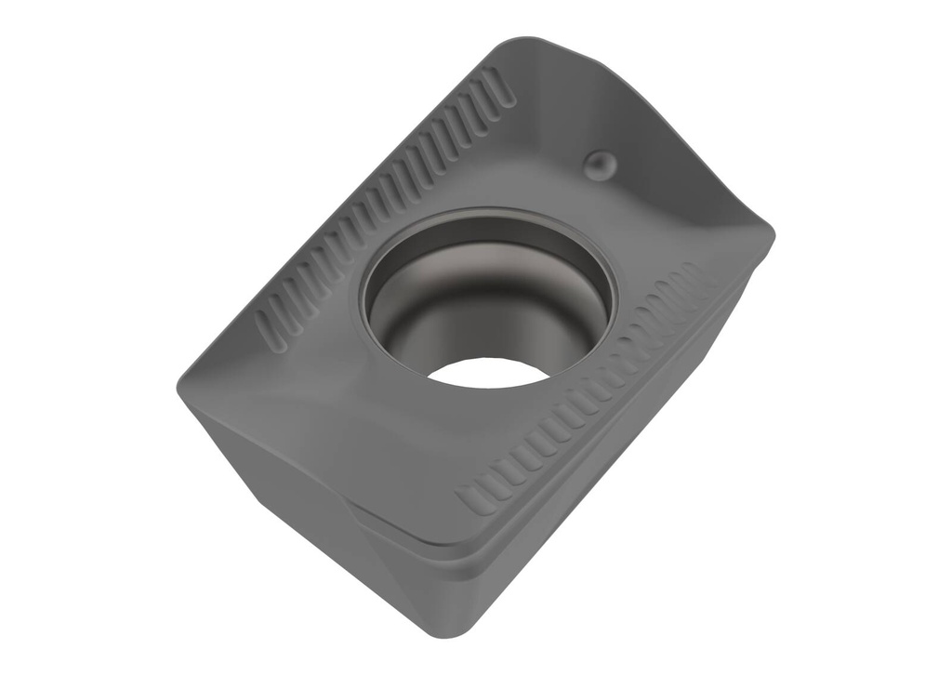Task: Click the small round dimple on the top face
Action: click(x=599, y=165)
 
